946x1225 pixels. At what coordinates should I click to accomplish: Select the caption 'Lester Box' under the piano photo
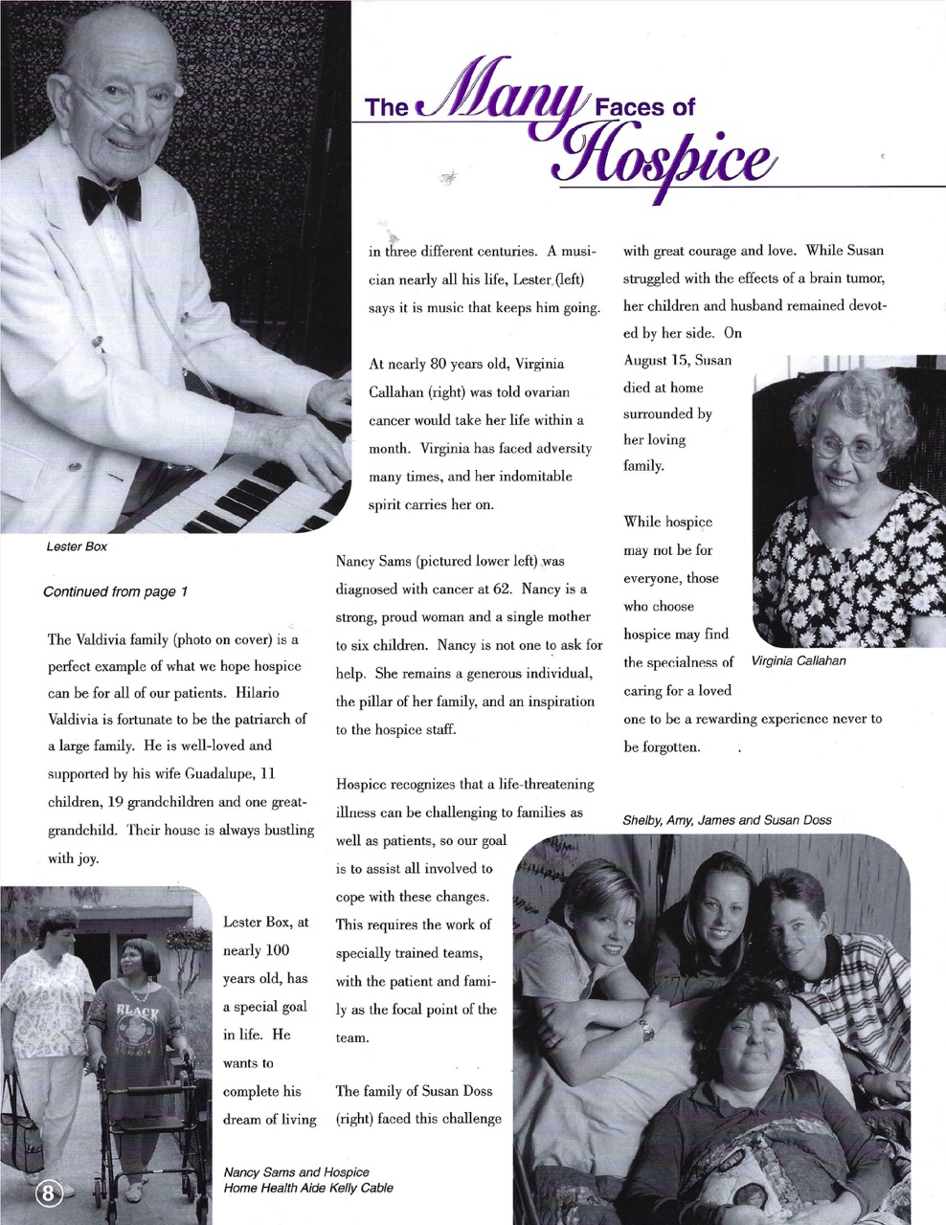[77, 547]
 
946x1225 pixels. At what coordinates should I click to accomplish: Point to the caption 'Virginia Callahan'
[799, 661]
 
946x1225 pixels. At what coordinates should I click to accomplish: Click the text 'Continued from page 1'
[115, 591]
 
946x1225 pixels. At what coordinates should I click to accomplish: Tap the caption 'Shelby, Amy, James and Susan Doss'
[727, 820]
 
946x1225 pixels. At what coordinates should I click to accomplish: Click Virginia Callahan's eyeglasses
[846, 447]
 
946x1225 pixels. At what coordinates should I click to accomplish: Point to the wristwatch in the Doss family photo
[648, 1029]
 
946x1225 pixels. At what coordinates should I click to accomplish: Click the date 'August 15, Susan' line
[678, 360]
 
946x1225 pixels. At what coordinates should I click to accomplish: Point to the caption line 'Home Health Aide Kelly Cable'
[307, 1189]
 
